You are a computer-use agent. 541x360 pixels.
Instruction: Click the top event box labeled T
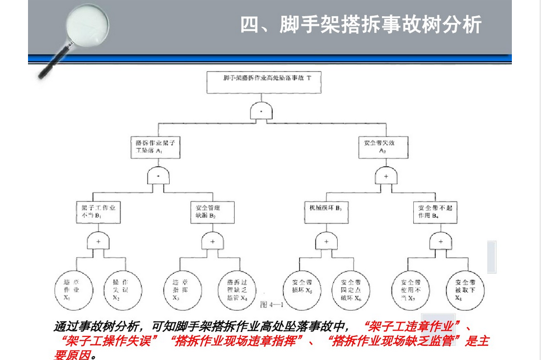coord(263,82)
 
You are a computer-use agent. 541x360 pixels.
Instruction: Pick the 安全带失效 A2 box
coord(383,147)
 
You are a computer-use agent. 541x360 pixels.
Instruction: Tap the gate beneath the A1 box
coord(158,176)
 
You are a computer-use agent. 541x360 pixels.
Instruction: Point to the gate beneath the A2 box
coord(385,176)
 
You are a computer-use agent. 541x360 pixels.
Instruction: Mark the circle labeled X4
coord(237,289)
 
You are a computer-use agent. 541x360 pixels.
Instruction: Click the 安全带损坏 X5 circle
coord(302,289)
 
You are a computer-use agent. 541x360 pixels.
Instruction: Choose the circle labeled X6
coord(351,289)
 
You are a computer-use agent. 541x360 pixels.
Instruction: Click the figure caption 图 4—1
coord(273,305)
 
